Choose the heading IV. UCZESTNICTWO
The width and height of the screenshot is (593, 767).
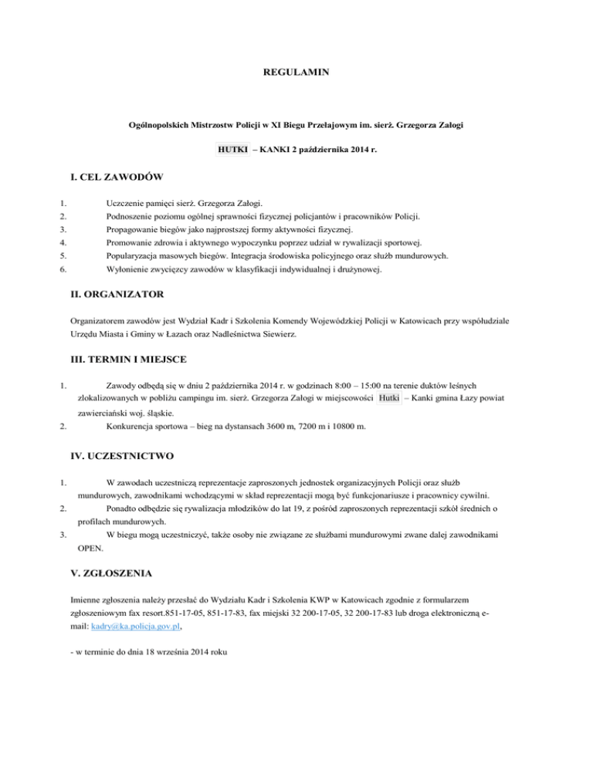[x=122, y=456]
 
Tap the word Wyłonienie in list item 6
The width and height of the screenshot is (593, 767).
[x=130, y=270]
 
